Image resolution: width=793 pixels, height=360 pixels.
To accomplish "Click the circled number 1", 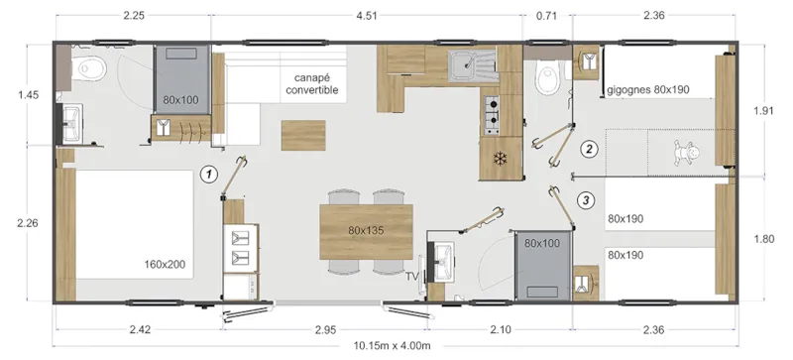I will (x=208, y=174).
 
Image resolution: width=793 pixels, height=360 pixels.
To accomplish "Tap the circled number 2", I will (x=589, y=150).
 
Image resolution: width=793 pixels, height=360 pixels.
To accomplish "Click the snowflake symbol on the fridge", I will (x=500, y=159).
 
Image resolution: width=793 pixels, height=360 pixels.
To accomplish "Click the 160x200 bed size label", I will (x=166, y=264).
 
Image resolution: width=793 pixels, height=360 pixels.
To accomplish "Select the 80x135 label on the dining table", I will (x=365, y=229).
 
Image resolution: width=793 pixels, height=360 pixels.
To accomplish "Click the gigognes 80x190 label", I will (x=646, y=89).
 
